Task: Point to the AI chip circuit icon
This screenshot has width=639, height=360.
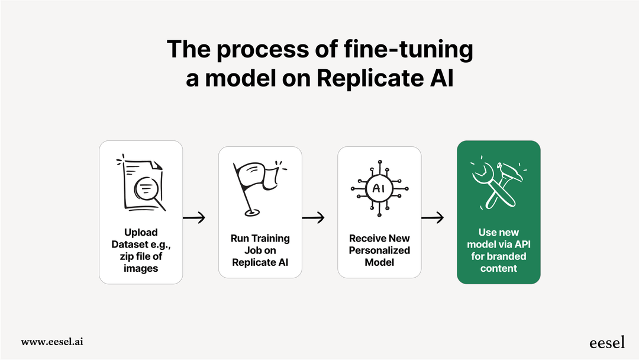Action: coord(379,188)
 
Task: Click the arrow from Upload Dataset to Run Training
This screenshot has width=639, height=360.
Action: coord(194,218)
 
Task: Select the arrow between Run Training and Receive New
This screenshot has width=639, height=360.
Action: coord(313,218)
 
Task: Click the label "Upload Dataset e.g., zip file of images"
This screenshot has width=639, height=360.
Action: coord(141,250)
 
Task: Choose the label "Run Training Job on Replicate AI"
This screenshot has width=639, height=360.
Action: coord(260,250)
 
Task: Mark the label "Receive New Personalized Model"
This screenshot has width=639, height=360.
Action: coord(379,250)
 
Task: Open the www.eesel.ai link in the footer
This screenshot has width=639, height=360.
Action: coord(52,342)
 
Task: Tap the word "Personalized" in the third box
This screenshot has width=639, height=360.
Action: coord(379,250)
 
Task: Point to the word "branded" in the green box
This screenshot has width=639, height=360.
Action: coord(506,256)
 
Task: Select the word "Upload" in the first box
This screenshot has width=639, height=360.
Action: coord(141,232)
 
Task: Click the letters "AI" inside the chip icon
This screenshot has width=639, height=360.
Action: coord(379,188)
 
